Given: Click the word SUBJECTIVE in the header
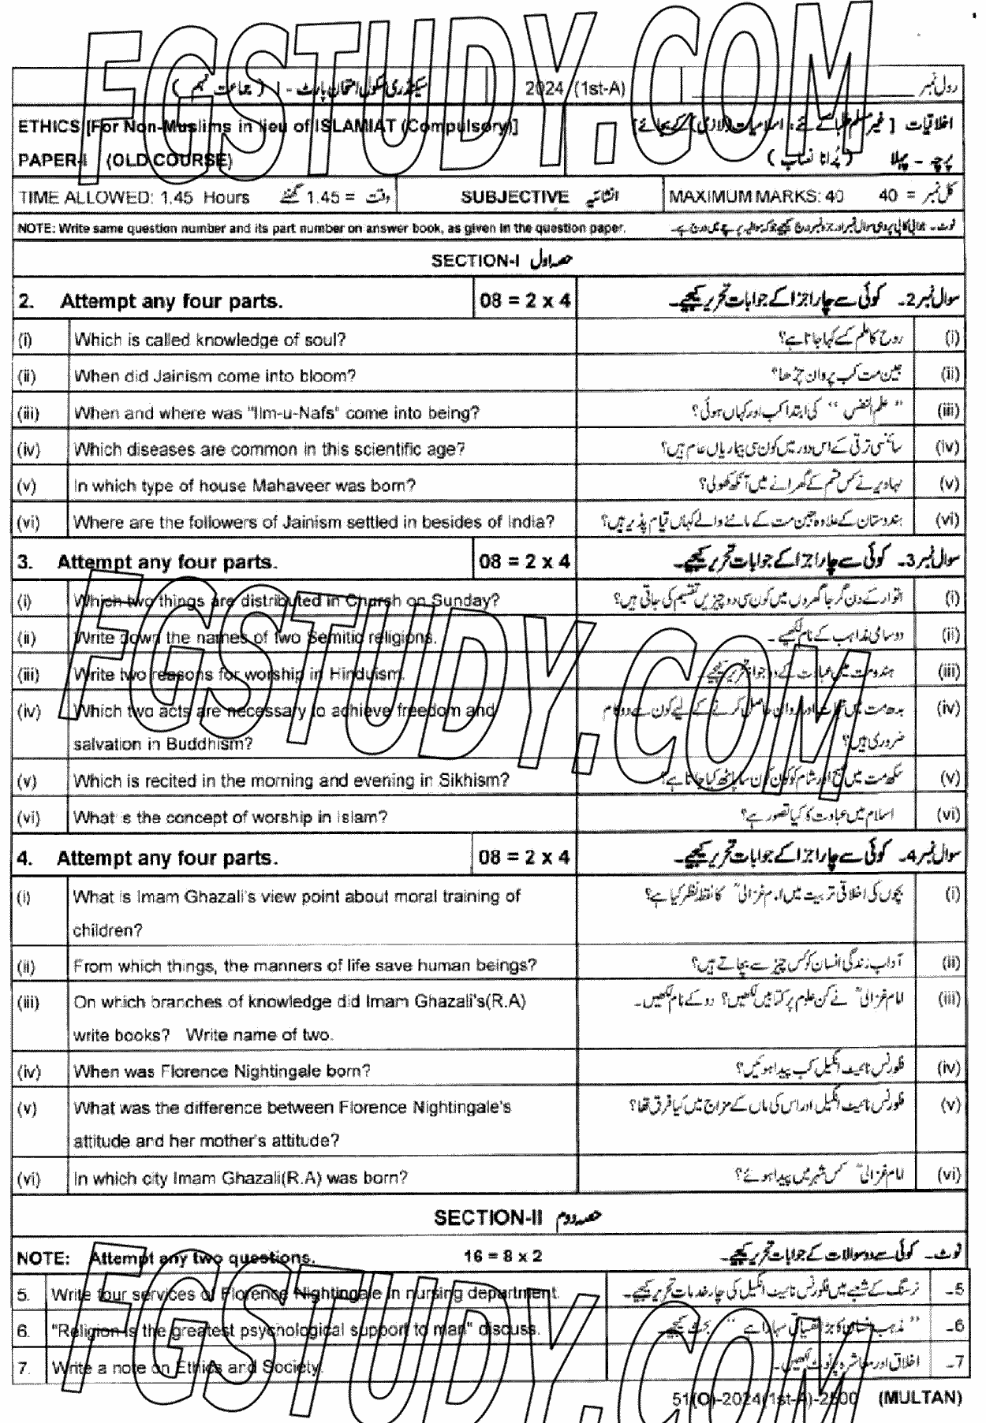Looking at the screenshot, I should click(514, 197).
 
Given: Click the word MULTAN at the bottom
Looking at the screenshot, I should click(919, 1398).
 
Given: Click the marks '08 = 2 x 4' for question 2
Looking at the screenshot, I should click(524, 301).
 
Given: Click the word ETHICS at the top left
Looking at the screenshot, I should click(47, 125).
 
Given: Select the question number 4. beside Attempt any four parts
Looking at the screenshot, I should click(23, 858).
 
